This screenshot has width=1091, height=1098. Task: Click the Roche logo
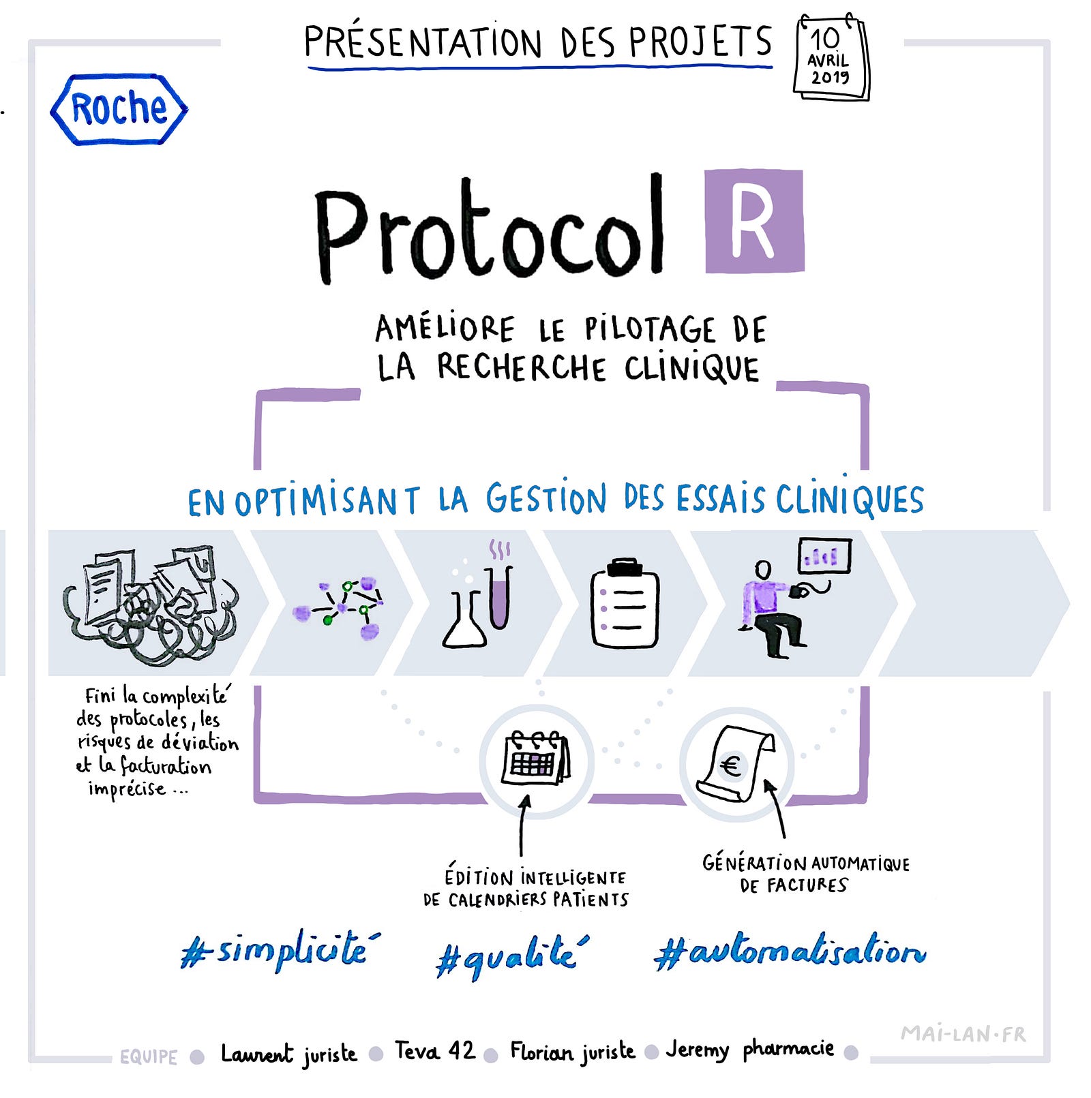click(119, 109)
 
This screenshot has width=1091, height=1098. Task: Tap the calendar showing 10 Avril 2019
click(831, 57)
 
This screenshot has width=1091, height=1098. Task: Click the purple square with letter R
click(754, 221)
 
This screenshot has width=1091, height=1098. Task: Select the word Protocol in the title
click(490, 229)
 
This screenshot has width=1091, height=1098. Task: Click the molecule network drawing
click(338, 608)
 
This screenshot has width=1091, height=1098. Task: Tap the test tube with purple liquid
click(500, 596)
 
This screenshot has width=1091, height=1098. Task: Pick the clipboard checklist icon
click(625, 603)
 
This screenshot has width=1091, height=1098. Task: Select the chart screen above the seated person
click(824, 556)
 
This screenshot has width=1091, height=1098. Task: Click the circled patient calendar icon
click(536, 761)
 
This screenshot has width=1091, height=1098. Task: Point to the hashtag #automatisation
click(790, 951)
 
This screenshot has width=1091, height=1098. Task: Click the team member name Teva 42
click(435, 1050)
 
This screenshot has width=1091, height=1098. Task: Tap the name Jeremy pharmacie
click(750, 1050)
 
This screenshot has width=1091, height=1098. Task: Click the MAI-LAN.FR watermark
click(963, 1034)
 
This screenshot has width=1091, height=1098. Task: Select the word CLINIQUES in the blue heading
click(850, 499)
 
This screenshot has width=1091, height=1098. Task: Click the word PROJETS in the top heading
click(700, 42)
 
